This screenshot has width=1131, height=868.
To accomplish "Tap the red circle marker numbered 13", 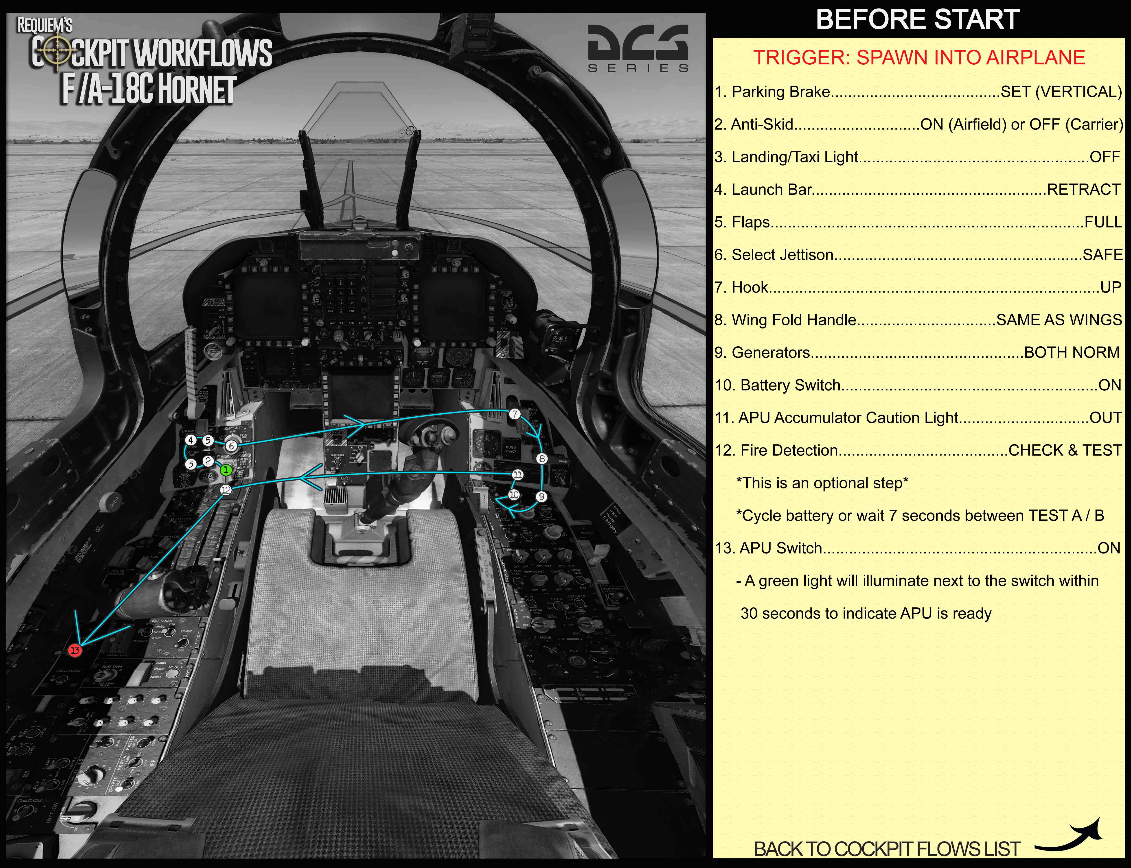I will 75,650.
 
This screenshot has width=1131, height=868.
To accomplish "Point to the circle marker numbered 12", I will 226,490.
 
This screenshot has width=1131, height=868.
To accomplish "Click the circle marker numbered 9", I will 541,496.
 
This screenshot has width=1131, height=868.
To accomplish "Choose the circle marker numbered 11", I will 517,474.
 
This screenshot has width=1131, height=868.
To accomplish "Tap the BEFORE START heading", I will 918,20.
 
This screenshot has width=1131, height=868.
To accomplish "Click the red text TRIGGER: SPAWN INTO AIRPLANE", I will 919,57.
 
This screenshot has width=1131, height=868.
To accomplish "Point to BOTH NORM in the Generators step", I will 1072,352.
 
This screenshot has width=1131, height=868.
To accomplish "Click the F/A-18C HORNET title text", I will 149,89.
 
